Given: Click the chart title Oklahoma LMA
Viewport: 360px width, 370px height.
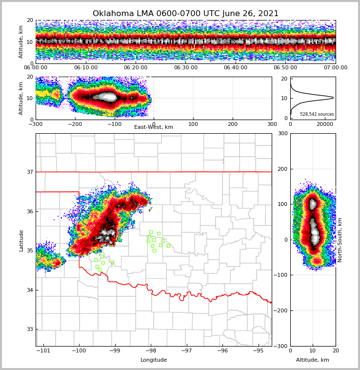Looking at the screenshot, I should click(185, 14).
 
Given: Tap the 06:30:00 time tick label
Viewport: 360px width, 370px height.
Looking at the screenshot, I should click(185, 68).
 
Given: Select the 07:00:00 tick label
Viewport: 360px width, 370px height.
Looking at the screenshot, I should click(335, 68).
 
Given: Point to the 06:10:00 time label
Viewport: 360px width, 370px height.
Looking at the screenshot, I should click(85, 68).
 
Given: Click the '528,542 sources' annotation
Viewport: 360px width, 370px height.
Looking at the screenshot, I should click(317, 114).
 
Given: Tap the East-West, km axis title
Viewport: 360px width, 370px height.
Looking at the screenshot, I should click(154, 127).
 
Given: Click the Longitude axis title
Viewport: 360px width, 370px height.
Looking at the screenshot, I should click(154, 360).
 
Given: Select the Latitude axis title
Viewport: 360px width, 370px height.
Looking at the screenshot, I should click(21, 240).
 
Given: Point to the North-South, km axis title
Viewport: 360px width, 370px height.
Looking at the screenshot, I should click(340, 240).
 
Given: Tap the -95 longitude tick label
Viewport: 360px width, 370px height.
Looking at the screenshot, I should click(258, 350).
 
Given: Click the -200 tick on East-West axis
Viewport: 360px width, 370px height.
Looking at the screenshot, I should click(75, 124).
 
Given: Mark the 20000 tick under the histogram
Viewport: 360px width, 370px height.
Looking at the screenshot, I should click(325, 124).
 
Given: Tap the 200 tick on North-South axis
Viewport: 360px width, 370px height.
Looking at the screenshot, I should click(282, 169).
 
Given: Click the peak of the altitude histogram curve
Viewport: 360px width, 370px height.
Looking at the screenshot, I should click(333, 98).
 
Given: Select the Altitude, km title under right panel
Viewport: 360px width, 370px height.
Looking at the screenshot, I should click(313, 360).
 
